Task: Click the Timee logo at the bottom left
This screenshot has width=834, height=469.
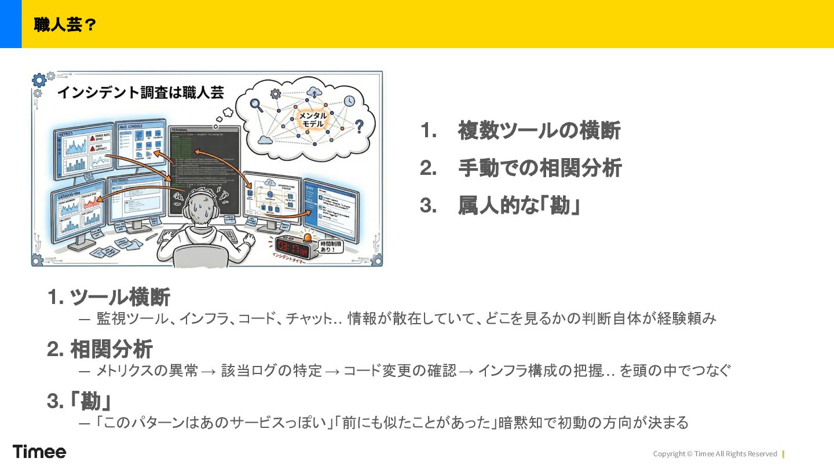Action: pyautogui.click(x=39, y=452)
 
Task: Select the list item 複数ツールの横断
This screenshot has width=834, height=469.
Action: pyautogui.click(x=539, y=131)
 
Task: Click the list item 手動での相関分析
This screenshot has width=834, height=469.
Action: pyautogui.click(x=539, y=168)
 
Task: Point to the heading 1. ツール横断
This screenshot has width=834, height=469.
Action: pyautogui.click(x=109, y=297)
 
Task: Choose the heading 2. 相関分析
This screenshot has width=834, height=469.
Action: pyautogui.click(x=100, y=349)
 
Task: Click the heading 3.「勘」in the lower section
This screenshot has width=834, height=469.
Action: pyautogui.click(x=79, y=401)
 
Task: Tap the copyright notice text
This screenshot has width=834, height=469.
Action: pyautogui.click(x=715, y=454)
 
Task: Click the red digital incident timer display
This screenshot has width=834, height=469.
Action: pyautogui.click(x=292, y=248)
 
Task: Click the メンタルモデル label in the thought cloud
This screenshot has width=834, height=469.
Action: pyautogui.click(x=313, y=120)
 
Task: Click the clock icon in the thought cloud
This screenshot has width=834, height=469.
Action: pyautogui.click(x=349, y=101)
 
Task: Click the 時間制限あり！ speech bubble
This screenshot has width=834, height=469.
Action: pyautogui.click(x=331, y=247)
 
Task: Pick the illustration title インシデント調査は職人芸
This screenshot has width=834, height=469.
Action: pyautogui.click(x=140, y=92)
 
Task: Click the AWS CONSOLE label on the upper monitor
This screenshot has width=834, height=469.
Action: pyautogui.click(x=131, y=126)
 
